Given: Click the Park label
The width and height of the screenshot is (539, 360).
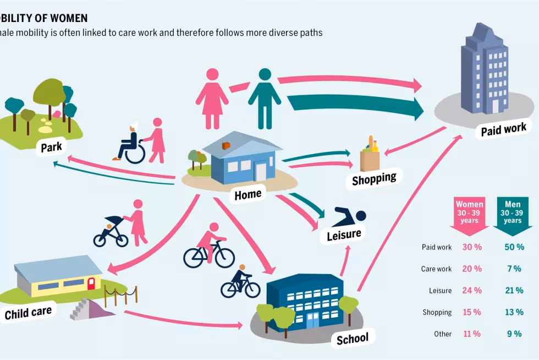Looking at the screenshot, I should (51, 147).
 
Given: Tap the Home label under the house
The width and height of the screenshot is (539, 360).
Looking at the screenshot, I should (248, 194).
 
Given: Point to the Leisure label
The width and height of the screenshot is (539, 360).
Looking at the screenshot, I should (344, 234).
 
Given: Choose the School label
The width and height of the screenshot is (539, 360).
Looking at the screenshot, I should (352, 337).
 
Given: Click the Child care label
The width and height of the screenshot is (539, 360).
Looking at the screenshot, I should (28, 313).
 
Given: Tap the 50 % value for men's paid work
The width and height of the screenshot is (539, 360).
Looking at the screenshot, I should (514, 247).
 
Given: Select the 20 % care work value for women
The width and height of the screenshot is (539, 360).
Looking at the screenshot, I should (471, 269).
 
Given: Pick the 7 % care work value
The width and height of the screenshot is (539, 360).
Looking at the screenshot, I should (514, 269).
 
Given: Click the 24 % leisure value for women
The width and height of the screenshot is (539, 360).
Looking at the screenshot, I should (471, 291).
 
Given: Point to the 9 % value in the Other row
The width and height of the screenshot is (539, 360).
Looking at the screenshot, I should (514, 334).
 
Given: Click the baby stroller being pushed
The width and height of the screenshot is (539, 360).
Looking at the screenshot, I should (111, 231).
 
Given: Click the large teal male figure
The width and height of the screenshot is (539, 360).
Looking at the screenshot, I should (265, 98).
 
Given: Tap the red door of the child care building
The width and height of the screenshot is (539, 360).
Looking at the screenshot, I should (91, 283).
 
